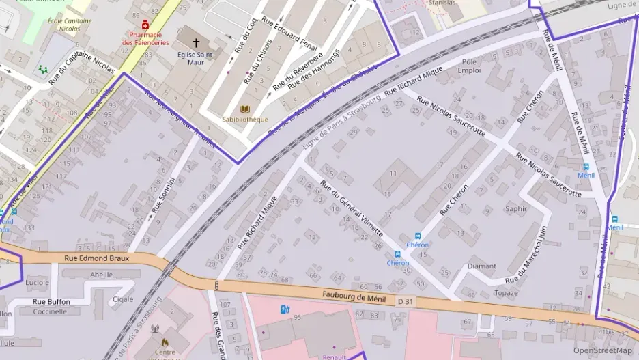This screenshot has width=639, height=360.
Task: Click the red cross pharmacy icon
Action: click(145, 25)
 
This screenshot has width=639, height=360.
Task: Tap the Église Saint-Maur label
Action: click(196, 58)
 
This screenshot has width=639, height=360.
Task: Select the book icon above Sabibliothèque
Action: click(245, 109)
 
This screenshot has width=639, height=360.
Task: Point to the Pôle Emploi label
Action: click(469, 66)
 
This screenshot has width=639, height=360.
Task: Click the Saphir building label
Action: click(516, 208)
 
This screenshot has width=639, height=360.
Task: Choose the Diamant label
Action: click(482, 266)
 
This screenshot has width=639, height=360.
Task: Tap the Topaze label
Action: click(507, 293)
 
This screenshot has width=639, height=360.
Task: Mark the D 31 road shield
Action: click(406, 301)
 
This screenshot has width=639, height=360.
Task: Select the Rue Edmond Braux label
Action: click(96, 258)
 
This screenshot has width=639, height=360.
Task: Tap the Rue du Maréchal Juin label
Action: click(526, 256)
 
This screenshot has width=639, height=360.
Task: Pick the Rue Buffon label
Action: click(52, 301)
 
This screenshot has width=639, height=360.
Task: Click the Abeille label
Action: click(102, 275)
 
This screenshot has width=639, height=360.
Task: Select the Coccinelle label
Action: click(51, 311)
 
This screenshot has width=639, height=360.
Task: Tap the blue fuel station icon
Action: click(285, 309)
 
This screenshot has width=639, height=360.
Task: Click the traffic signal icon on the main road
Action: click(216, 285)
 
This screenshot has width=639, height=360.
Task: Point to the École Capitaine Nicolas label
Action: click(70, 25)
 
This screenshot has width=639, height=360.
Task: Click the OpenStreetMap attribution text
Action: click(602, 350)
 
